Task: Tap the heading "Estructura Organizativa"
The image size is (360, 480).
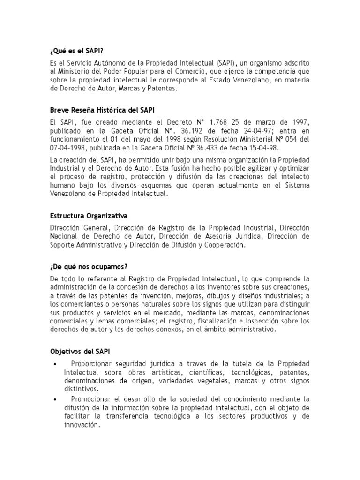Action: (88, 216)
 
